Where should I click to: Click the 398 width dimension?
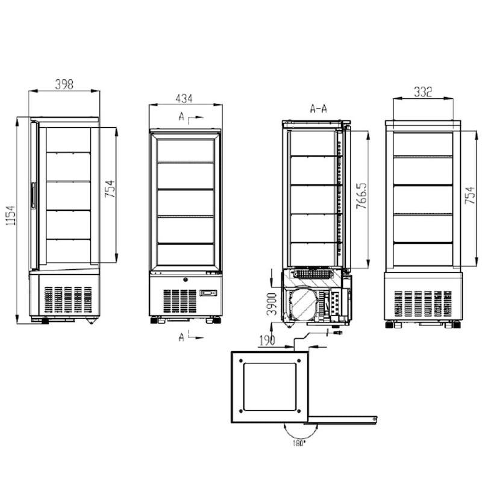pos(64,84)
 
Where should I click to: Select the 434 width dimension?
pos(184,98)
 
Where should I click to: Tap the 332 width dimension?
pos(424,92)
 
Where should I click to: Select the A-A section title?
pos(318,109)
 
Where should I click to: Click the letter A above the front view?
pos(181,117)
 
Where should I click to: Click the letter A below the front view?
pos(181,337)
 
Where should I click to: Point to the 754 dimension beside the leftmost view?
pos(110,192)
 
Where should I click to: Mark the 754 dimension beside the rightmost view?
pos(471,195)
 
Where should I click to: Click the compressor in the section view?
pos(304,303)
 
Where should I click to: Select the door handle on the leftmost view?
pos(33,196)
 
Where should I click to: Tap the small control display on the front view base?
pos(207,293)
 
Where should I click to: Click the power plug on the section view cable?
pos(337,332)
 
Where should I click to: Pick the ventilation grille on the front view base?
pos(180,300)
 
